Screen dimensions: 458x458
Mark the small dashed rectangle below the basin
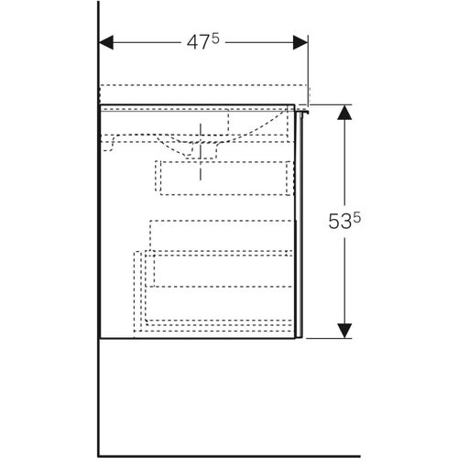point(227,177)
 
